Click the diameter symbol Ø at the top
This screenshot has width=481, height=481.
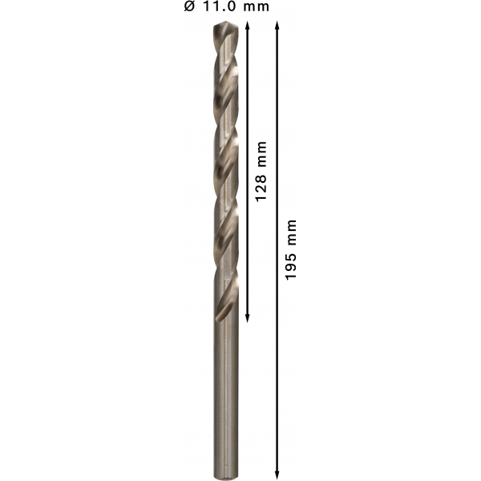[x=189, y=6]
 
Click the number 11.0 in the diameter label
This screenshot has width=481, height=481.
[x=220, y=6]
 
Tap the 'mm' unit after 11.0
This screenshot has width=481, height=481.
[x=257, y=7]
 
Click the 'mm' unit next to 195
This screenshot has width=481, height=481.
[x=292, y=232]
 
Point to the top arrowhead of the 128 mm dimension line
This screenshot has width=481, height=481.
[x=248, y=25]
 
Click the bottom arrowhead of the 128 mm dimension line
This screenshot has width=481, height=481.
[x=248, y=319]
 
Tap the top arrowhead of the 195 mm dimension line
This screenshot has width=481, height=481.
[x=277, y=25]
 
